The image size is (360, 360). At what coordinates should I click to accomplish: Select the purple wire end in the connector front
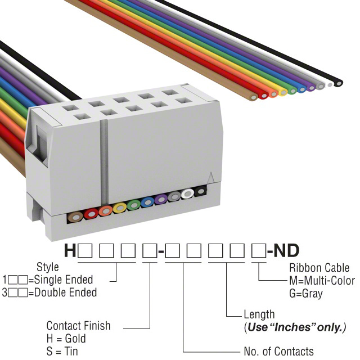point(161,200)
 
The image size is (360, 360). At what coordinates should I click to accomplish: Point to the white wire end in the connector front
point(188,194)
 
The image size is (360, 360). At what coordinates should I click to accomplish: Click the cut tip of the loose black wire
point(338,83)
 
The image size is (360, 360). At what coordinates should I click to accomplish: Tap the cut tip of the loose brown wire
point(254,97)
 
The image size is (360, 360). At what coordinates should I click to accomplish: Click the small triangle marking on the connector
point(211,178)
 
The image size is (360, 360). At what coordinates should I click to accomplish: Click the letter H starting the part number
point(70,251)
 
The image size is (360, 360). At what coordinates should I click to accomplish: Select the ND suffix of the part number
point(286,251)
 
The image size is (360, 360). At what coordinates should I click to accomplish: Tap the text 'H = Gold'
point(66,339)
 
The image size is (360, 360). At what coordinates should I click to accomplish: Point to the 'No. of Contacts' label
point(279,352)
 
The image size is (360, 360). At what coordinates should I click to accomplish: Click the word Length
point(259,314)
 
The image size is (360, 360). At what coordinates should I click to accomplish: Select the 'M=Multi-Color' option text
point(322,281)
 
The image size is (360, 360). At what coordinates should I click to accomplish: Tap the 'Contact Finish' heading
point(78,326)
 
